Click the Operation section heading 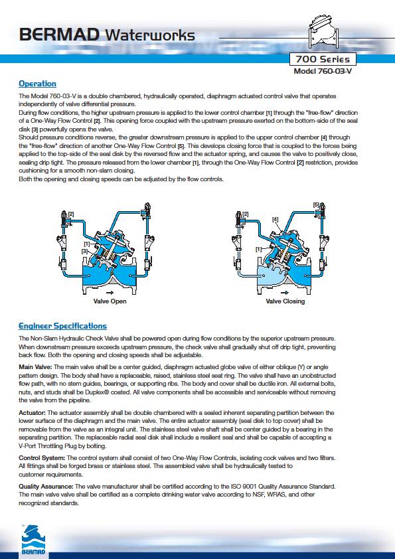pos(37,84)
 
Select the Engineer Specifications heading pos(63,326)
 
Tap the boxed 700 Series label pos(323,59)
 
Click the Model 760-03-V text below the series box pos(323,71)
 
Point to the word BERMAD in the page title pos(60,35)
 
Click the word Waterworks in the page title pos(150,35)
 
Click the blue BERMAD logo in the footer pos(33,540)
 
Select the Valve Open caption pos(110,301)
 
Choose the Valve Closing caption pos(285,301)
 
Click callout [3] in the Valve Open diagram pos(84,252)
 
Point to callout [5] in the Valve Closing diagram pos(316,205)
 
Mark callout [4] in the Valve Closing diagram pos(275,220)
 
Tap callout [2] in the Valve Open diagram pos(71,214)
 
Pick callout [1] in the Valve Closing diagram pos(259,250)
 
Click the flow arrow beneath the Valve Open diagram pos(110,292)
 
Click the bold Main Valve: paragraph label pos(35,367)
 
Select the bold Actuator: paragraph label pos(32,413)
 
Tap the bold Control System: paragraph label pos(42,457)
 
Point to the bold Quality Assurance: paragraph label pos(46,486)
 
